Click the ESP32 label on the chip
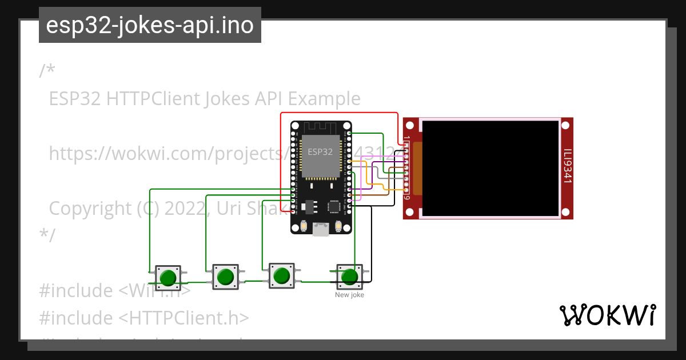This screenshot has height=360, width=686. click(320, 152)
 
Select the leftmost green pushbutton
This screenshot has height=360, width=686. click(168, 278)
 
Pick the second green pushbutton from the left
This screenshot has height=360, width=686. click(225, 277)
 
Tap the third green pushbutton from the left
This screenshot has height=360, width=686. click(281, 276)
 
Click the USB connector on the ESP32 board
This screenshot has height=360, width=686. click(321, 230)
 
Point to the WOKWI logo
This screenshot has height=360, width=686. click(608, 315)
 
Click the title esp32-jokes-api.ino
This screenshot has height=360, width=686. click(150, 25)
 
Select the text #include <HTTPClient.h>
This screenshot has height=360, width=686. click(144, 318)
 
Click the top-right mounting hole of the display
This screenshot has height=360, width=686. click(566, 125)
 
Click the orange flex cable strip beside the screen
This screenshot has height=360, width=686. click(417, 167)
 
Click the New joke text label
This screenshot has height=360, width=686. click(349, 295)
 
